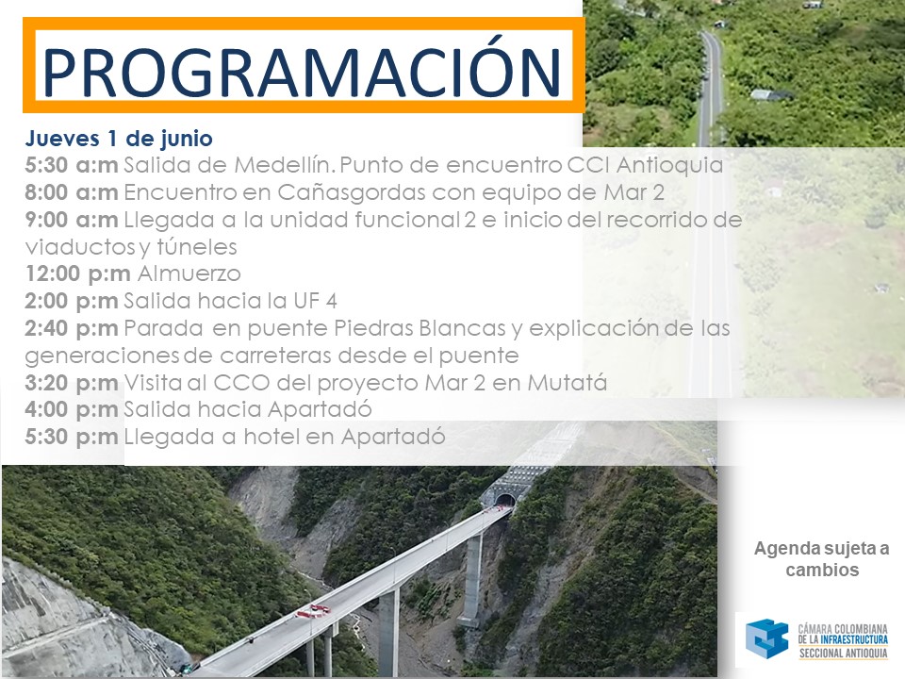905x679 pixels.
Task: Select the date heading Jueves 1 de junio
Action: [119, 139]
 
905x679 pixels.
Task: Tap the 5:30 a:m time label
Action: [72, 165]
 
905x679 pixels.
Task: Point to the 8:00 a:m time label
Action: [72, 192]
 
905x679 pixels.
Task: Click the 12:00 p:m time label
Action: [78, 273]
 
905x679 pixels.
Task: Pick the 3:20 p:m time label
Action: [72, 383]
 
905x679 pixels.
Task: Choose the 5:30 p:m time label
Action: [72, 437]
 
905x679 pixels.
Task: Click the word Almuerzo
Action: [189, 273]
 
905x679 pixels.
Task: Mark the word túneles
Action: [197, 247]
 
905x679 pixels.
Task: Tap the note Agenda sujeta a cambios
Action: [822, 559]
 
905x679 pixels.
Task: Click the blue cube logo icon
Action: [767, 638]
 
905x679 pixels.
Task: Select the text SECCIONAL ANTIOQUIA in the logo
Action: [843, 653]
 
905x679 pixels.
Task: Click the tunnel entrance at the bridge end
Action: [505, 500]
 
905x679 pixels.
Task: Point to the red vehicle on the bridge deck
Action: [313, 611]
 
